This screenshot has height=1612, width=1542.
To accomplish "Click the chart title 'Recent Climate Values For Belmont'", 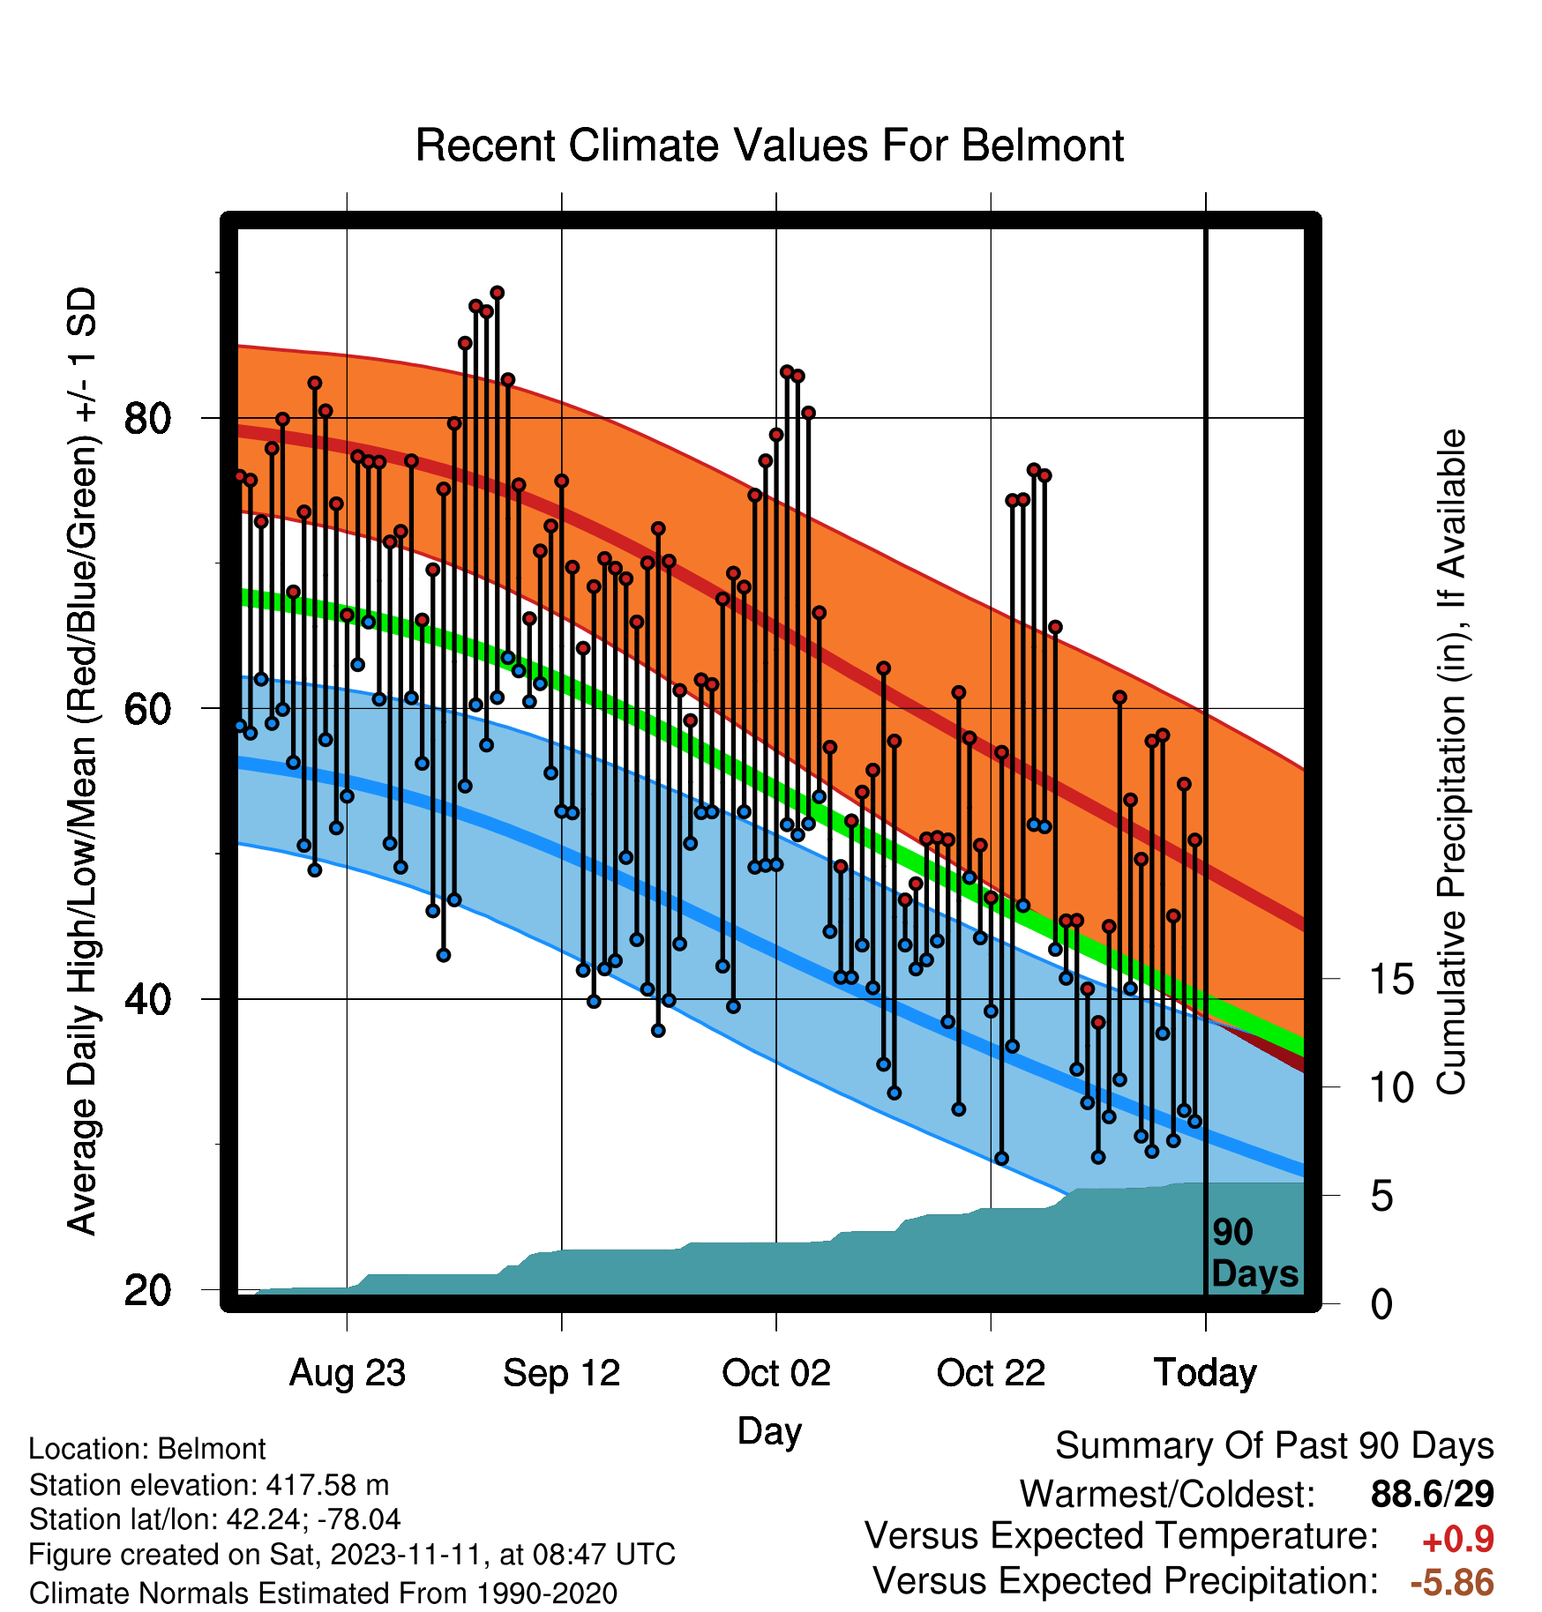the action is pyautogui.click(x=769, y=146).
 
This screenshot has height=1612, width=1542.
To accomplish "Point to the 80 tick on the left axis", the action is pyautogui.click(x=148, y=418).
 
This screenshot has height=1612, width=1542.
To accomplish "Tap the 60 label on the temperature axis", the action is pyautogui.click(x=148, y=708).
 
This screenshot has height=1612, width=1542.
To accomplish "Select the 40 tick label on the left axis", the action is pyautogui.click(x=148, y=999).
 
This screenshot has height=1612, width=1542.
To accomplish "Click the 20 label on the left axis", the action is pyautogui.click(x=148, y=1290).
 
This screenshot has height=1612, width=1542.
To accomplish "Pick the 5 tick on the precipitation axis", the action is pyautogui.click(x=1382, y=1197).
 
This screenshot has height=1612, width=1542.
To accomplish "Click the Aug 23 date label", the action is pyautogui.click(x=348, y=1372).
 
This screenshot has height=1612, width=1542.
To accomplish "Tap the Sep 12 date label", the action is pyautogui.click(x=562, y=1372).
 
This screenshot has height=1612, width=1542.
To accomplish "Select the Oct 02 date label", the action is pyautogui.click(x=776, y=1372).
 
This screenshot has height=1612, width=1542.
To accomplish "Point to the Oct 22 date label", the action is pyautogui.click(x=991, y=1372).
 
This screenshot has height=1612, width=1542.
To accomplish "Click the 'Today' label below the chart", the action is pyautogui.click(x=1206, y=1372).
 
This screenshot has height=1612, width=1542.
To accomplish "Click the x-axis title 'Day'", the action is pyautogui.click(x=769, y=1430).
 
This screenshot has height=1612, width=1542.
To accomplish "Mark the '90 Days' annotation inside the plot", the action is pyautogui.click(x=1254, y=1253).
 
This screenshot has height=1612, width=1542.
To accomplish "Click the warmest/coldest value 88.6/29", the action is pyautogui.click(x=1433, y=1494).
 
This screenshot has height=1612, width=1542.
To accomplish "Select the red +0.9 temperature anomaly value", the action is pyautogui.click(x=1458, y=1540).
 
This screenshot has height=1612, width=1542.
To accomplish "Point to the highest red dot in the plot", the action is pyautogui.click(x=498, y=293).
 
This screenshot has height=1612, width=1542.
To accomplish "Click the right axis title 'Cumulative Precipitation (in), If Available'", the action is pyautogui.click(x=1451, y=762).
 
